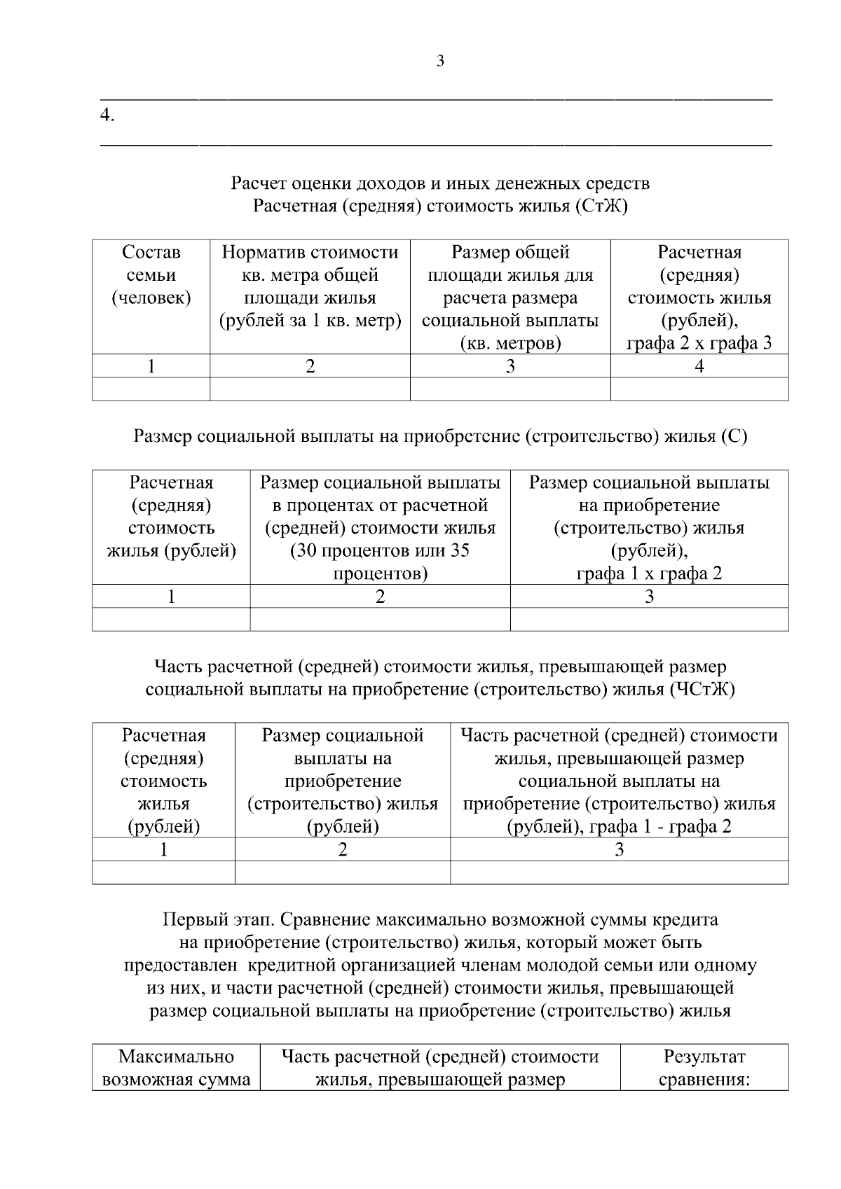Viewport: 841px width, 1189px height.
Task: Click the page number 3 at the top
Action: [x=440, y=61]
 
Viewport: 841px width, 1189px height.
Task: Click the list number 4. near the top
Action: [x=107, y=116]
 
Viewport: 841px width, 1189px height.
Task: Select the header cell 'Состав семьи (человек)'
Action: [x=151, y=275]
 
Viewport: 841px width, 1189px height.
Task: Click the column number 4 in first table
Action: [x=699, y=366]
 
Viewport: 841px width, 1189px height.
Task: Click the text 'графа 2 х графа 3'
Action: [x=699, y=344]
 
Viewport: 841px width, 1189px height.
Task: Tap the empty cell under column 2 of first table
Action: [x=310, y=389]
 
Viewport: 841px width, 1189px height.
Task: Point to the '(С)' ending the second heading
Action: [x=734, y=436]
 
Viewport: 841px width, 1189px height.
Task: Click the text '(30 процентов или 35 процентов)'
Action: [x=380, y=562]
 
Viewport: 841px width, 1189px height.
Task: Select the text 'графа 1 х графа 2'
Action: [x=649, y=573]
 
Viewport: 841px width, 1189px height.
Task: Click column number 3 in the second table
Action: [x=649, y=596]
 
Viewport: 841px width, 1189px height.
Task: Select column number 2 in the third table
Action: [x=342, y=849]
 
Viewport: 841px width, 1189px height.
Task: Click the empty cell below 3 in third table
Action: [x=619, y=872]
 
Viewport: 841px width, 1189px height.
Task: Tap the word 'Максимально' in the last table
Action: [x=176, y=1056]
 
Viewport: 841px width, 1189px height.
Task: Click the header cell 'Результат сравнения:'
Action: [x=704, y=1067]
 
